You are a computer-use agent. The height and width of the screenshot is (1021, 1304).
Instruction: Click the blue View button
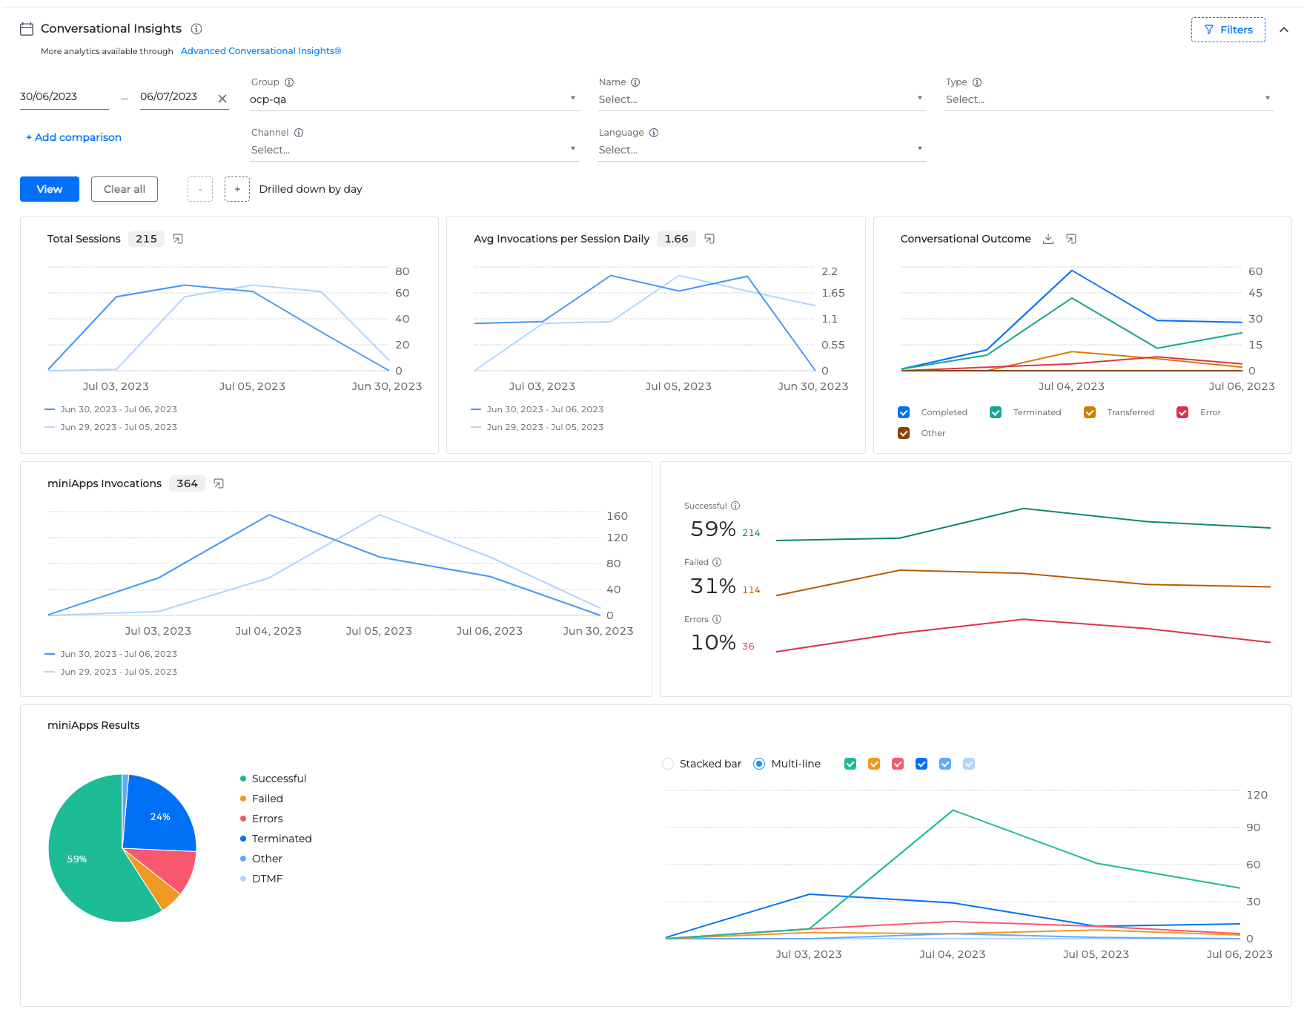click(x=50, y=189)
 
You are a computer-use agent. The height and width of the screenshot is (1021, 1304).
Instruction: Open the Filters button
click(x=1228, y=30)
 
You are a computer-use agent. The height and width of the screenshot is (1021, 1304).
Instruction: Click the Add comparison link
click(x=73, y=137)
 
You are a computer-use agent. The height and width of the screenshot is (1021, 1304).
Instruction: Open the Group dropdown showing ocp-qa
click(x=414, y=99)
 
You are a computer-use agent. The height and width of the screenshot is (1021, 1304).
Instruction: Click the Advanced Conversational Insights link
click(x=261, y=51)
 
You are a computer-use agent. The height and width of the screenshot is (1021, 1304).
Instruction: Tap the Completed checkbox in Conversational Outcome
click(x=904, y=412)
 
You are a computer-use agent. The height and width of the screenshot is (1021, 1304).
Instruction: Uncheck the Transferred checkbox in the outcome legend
click(x=1090, y=412)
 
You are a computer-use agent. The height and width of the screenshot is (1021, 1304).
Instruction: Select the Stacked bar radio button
click(x=668, y=764)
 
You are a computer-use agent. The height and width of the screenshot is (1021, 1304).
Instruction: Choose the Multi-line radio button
click(x=759, y=764)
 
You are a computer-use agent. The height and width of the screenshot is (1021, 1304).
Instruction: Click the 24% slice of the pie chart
click(x=160, y=816)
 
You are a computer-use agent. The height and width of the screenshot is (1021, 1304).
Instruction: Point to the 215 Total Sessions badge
click(x=146, y=239)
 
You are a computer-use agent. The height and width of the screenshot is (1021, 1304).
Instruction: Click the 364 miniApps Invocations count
click(x=187, y=483)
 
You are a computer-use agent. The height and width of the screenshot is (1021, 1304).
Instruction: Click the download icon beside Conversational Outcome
click(x=1048, y=239)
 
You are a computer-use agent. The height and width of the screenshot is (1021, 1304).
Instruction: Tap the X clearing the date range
click(x=222, y=98)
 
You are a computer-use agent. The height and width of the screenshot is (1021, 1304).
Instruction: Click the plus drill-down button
click(x=237, y=189)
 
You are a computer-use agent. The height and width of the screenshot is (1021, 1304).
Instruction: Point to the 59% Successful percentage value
click(x=713, y=529)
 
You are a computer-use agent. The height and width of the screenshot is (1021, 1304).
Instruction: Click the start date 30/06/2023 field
click(x=64, y=96)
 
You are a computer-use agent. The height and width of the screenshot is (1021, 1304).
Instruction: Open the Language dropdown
click(x=761, y=150)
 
